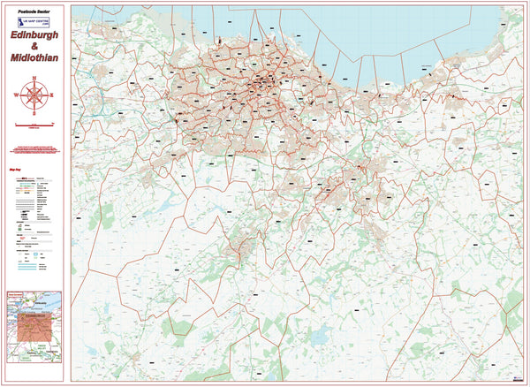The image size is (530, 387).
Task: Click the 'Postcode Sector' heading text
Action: coord(34,11)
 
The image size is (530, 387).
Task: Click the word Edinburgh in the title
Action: coord(35,36)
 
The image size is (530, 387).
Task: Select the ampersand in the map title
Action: coord(34,48)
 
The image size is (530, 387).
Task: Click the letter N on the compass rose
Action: coord(34,80)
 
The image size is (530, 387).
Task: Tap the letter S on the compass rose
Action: coord(34,112)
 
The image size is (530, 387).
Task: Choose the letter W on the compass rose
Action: coord(19,95)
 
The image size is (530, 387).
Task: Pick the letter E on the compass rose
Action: coord(51,95)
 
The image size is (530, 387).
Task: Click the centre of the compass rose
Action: coord(34,95)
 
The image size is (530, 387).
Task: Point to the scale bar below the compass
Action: coord(34,124)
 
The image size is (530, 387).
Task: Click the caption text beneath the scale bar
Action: coord(34,129)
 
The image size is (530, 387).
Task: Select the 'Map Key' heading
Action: coord(14,165)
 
